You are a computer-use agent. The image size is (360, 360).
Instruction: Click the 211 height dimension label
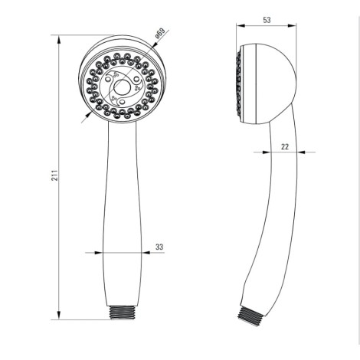click(x=55, y=175)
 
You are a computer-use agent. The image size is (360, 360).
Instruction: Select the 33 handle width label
click(x=159, y=247)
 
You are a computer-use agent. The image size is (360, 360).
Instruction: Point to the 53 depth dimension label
click(x=267, y=20)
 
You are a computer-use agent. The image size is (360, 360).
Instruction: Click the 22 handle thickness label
click(x=285, y=146)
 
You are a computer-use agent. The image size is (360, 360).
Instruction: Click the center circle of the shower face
click(x=122, y=87)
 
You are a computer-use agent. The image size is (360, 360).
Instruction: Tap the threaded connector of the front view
click(x=122, y=312)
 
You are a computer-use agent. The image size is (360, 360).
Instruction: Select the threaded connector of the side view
click(x=251, y=316)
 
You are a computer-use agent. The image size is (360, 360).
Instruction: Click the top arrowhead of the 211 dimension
click(x=59, y=40)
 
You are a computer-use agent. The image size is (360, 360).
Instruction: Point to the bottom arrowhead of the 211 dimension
click(x=59, y=315)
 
